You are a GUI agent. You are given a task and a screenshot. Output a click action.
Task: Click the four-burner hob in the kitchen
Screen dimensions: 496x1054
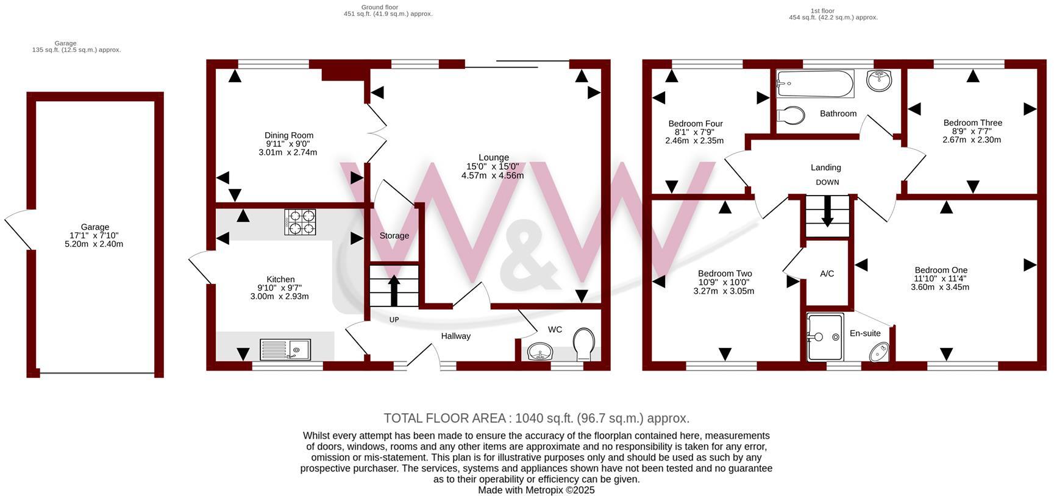point(300,222)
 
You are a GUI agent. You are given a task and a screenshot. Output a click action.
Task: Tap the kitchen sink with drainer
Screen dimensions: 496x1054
point(285,350)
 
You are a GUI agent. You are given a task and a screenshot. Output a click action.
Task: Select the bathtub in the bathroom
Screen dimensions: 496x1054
point(815,84)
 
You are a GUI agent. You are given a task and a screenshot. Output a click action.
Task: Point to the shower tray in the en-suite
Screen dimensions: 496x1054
point(825,337)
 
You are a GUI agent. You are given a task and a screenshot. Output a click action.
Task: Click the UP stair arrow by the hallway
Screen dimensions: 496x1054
point(394,290)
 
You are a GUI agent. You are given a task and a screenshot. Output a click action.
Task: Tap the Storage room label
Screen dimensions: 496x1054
point(394,236)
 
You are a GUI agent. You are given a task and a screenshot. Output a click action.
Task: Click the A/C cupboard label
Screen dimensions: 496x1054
point(827,274)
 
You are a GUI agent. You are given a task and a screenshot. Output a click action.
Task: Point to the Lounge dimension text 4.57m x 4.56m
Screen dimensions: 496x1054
point(493,175)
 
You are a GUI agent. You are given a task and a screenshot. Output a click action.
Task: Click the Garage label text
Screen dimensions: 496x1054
point(95,227)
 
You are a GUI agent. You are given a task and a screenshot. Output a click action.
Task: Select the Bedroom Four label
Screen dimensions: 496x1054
point(695,123)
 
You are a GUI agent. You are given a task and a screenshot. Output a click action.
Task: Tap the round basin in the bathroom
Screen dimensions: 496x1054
point(878,79)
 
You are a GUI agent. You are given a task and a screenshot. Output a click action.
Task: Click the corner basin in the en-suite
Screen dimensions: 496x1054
point(880,352)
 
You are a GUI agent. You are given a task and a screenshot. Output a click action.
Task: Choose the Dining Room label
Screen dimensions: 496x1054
point(289,135)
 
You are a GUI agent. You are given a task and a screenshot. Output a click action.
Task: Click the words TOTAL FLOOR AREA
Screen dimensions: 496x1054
point(444,418)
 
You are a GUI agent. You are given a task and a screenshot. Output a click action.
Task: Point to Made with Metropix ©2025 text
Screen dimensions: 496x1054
point(536,490)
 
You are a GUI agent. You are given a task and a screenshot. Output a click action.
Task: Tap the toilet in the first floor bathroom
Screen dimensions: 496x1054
point(792,114)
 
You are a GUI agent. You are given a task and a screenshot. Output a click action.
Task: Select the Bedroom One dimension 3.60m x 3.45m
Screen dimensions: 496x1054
point(939,287)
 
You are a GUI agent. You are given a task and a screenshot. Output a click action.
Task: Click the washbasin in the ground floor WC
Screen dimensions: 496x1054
point(539,351)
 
